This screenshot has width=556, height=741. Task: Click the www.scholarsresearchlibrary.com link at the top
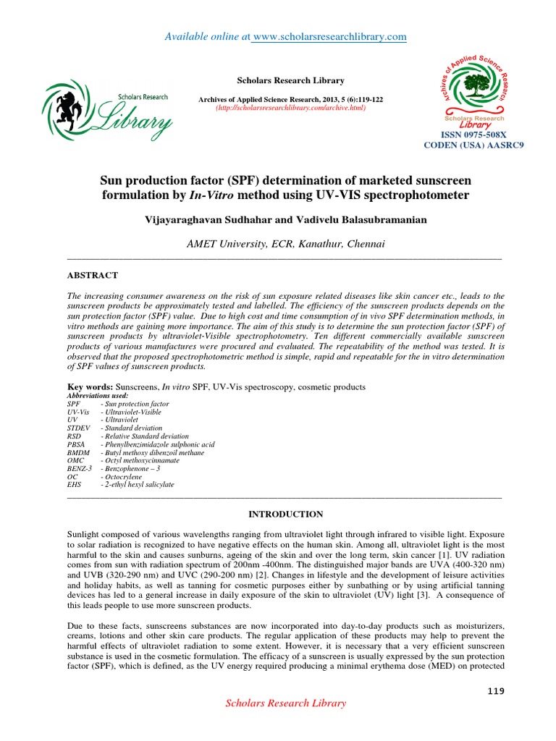(329, 36)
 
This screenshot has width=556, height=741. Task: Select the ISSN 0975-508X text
(473, 135)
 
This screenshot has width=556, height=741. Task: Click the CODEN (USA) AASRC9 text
(473, 145)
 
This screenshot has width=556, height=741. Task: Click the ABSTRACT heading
(92, 276)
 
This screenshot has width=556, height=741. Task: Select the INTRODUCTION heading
(286, 514)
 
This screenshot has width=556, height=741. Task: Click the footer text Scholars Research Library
(286, 703)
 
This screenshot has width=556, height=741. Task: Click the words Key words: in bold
(90, 387)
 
